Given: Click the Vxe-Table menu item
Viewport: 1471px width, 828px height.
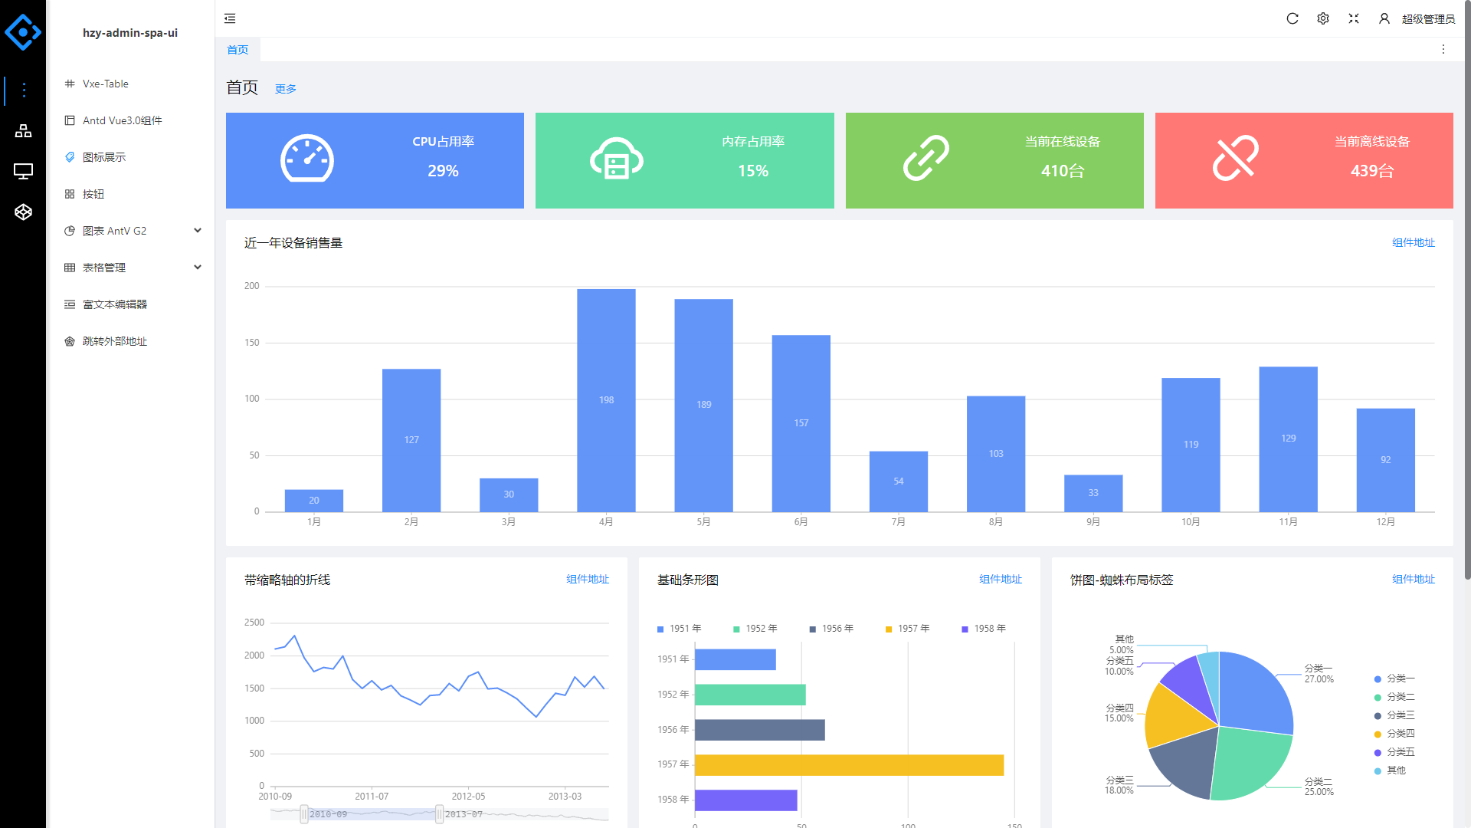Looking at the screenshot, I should point(106,84).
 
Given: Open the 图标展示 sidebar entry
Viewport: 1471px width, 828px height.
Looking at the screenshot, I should point(104,157).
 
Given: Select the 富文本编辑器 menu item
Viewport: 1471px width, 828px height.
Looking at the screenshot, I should point(114,304).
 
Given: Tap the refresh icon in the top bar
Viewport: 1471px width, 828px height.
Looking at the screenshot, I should point(1292,18).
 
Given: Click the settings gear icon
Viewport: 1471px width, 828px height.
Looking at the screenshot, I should point(1323,18).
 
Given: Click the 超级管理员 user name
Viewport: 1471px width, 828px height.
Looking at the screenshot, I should point(1428,19).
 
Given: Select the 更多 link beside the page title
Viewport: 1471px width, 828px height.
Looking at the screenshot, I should point(286,89).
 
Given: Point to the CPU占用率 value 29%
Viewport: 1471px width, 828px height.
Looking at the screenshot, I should point(443,171).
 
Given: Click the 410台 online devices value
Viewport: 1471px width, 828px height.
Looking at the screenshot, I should point(1063,171).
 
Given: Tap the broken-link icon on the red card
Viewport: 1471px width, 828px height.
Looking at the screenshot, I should point(1235,159).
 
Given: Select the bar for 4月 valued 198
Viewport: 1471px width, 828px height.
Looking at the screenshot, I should point(606,400).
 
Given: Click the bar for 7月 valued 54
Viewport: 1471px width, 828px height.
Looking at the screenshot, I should point(899,481).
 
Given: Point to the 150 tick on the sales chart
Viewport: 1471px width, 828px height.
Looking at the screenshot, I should point(252,343).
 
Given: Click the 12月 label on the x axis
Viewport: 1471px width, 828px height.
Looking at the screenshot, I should point(1385,522).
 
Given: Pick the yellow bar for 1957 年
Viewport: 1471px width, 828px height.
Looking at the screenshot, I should point(849,765).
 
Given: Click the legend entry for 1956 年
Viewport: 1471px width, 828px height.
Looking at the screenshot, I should point(832,629).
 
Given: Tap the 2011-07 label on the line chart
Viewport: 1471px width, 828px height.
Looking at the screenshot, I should point(372,797).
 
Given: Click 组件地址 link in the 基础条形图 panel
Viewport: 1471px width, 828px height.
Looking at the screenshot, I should point(1001,580).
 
